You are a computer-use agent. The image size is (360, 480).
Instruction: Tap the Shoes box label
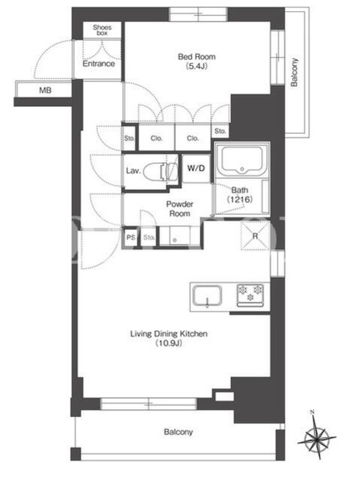tap(102, 30)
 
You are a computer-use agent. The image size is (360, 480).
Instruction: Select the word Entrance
tap(98, 64)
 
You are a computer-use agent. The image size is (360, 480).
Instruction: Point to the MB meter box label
tap(45, 91)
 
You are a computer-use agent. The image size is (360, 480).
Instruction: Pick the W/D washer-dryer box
tap(196, 169)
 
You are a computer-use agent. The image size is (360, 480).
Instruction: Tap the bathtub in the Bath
tap(242, 160)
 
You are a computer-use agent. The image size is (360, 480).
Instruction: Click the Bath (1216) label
tap(239, 194)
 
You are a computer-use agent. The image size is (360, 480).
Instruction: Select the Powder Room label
tap(179, 209)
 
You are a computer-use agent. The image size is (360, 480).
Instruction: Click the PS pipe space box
tap(131, 237)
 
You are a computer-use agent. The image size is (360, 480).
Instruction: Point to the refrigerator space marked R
tap(255, 236)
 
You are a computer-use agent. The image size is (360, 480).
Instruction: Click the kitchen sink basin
tap(207, 296)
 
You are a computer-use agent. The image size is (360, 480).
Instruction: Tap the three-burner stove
tap(250, 295)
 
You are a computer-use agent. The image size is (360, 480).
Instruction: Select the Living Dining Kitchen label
tap(169, 334)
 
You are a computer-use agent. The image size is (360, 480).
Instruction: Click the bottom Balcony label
tap(178, 432)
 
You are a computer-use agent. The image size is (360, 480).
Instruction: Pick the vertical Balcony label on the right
tap(294, 72)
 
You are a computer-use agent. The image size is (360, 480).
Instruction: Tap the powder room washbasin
tap(175, 236)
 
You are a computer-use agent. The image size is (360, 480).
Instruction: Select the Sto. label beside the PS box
tap(149, 237)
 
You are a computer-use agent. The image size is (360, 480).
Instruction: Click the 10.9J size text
tap(169, 343)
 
